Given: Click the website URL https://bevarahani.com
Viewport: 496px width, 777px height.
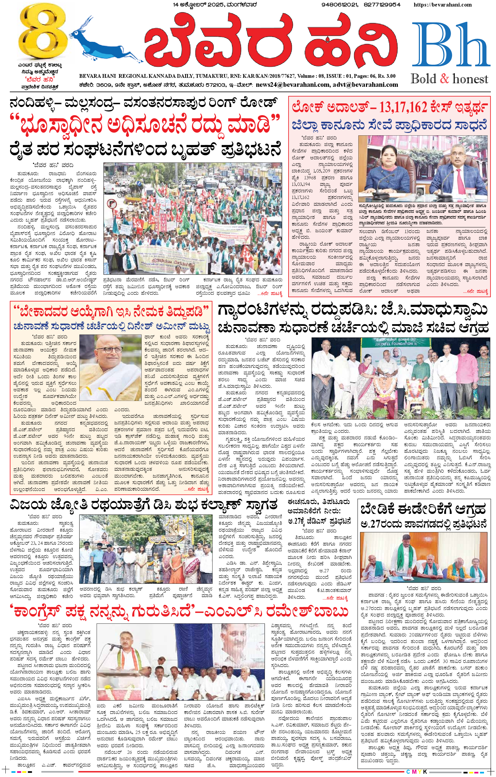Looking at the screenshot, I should point(442,5).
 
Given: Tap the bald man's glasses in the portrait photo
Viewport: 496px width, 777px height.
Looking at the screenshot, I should point(109,350).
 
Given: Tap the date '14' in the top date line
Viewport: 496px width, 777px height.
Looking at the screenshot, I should point(176,5).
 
